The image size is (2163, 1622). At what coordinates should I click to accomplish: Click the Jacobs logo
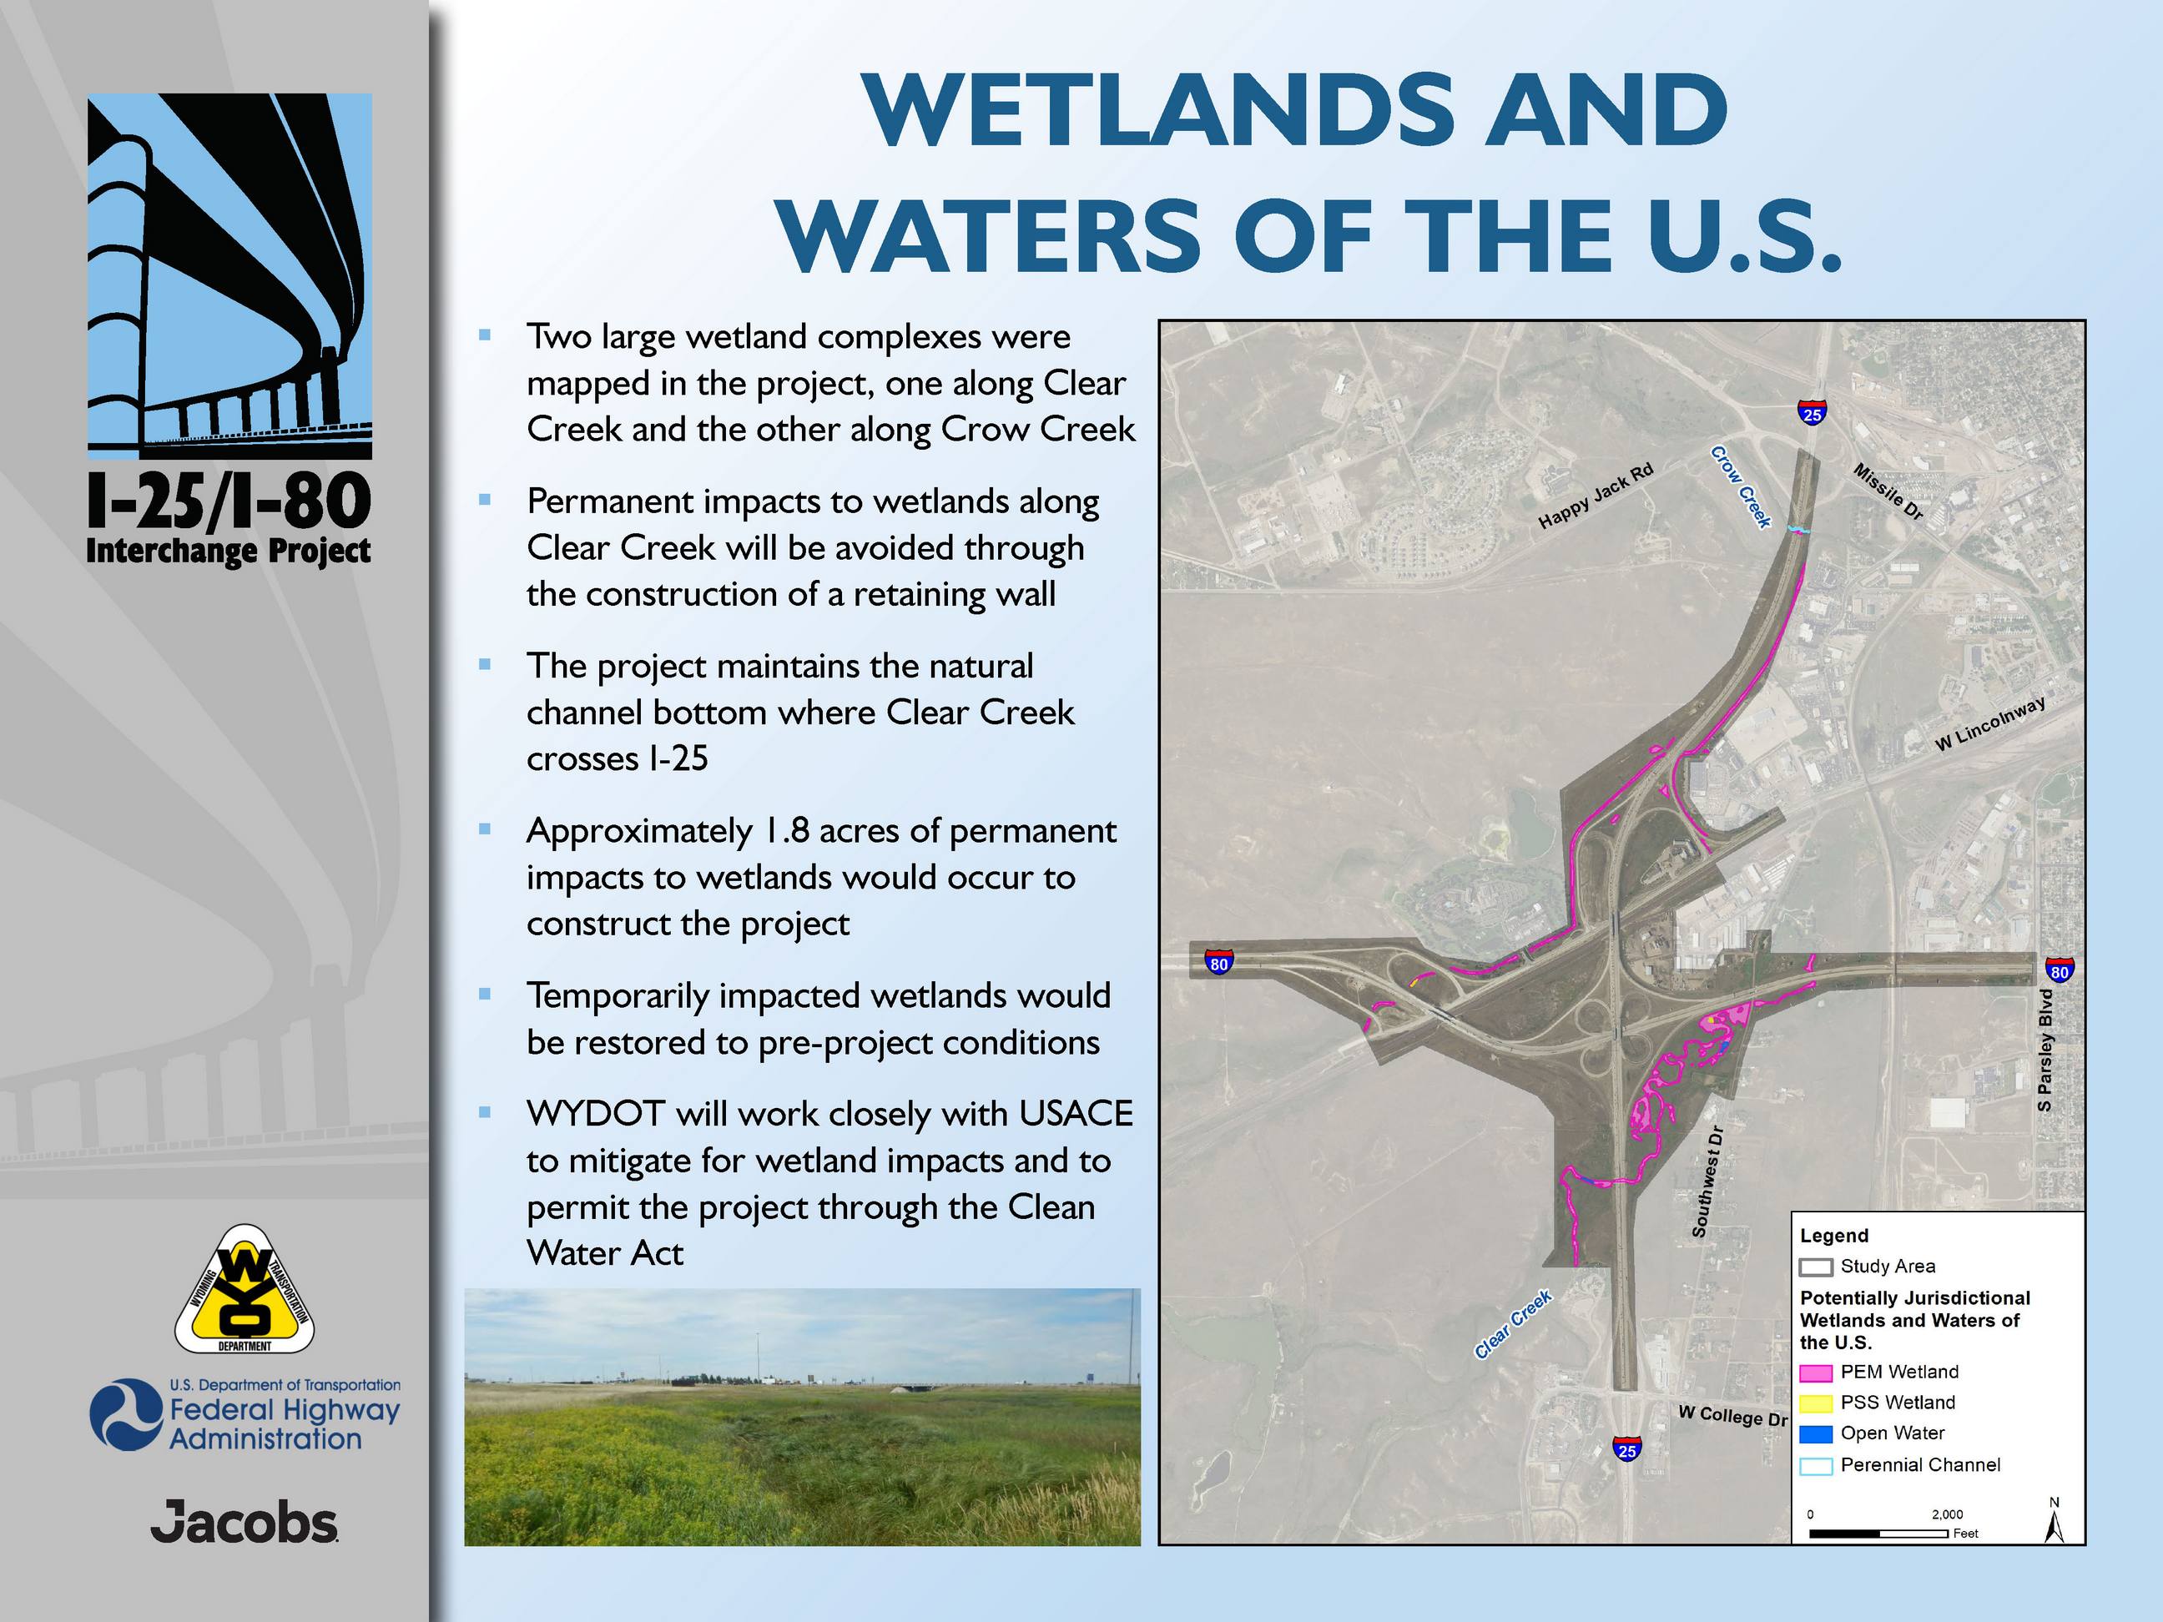[x=245, y=1522]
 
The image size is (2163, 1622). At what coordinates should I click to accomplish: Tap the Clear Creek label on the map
[x=1513, y=1325]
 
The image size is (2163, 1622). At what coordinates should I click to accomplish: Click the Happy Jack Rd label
[x=1596, y=496]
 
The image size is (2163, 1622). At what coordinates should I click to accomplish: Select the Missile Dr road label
[x=1888, y=491]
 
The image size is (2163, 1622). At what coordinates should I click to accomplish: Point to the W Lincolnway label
[x=1991, y=724]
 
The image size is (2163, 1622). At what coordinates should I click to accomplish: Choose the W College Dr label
[x=1732, y=1416]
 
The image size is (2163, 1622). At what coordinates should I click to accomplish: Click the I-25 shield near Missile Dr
[x=1812, y=412]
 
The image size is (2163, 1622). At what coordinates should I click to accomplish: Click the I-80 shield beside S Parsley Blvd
[x=2060, y=971]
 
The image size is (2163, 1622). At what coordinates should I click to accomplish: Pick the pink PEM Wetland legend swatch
[x=1816, y=1373]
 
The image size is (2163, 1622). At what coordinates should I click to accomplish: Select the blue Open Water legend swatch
[x=1816, y=1434]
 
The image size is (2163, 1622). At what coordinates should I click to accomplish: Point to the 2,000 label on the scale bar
[x=1947, y=1514]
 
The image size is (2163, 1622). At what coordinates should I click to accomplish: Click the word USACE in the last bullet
[x=1076, y=1114]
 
